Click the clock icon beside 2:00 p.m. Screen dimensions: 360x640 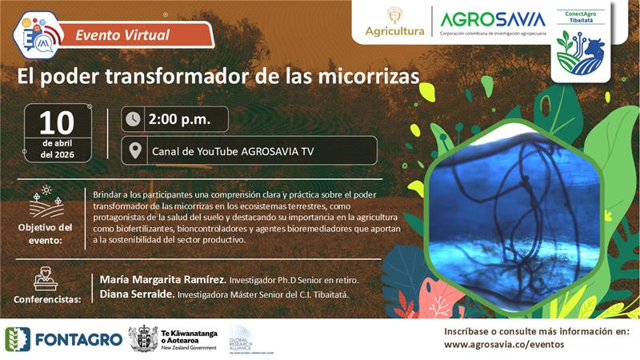click(134, 119)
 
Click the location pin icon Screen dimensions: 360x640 click(134, 150)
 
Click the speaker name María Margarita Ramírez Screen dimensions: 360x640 click(162, 280)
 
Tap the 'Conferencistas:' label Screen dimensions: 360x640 click(47, 300)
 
